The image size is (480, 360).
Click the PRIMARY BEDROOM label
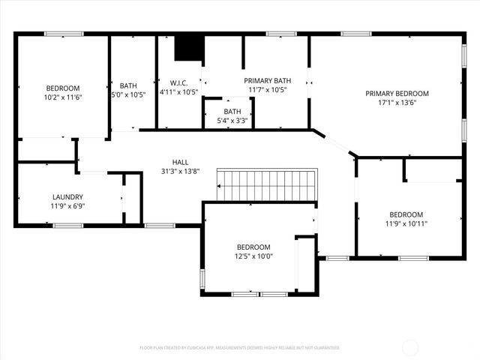click(397, 94)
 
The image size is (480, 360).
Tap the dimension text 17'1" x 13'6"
click(397, 103)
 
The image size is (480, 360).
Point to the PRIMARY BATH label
click(267, 80)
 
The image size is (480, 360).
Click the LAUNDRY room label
click(67, 197)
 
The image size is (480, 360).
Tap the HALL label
click(180, 162)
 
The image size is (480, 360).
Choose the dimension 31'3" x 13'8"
click(180, 172)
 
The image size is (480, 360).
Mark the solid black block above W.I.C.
click(189, 48)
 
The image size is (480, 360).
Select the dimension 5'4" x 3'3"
click(233, 121)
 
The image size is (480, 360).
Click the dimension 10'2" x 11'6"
click(62, 97)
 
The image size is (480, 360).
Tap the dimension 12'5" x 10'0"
click(254, 256)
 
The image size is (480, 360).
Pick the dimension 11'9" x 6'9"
click(67, 206)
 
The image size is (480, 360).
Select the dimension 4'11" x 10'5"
click(178, 93)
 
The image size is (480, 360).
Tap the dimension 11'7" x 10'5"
click(267, 90)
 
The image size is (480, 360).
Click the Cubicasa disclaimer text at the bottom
click(240, 348)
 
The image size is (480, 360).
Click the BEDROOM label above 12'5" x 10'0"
click(254, 247)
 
